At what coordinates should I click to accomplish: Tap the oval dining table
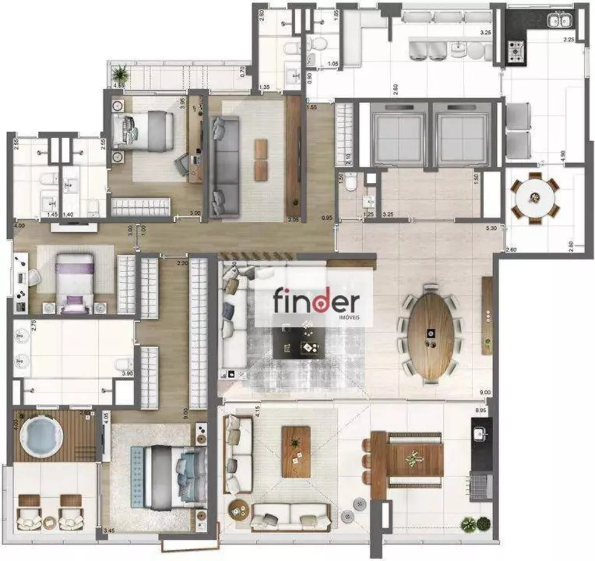(x=432, y=337)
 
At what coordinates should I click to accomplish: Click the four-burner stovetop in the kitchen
(x=514, y=52)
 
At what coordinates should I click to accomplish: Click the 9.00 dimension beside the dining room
(x=486, y=392)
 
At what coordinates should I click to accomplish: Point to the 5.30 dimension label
(x=490, y=227)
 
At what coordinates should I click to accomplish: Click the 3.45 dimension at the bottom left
(x=108, y=530)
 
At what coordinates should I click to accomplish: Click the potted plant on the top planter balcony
(x=121, y=74)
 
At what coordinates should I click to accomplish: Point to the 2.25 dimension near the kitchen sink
(x=569, y=40)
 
